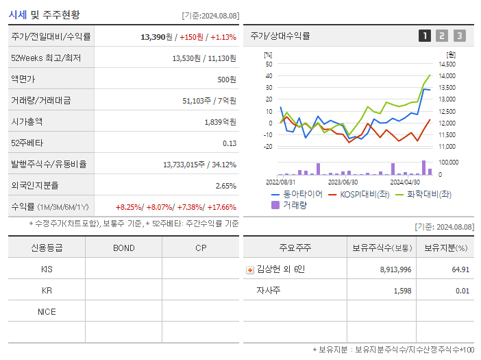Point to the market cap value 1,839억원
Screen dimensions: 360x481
tap(220, 122)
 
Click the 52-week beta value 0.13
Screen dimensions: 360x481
tap(230, 143)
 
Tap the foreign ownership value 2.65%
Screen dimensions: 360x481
tap(225, 186)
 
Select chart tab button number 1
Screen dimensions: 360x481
tap(425, 36)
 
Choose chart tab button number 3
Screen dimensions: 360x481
tap(459, 36)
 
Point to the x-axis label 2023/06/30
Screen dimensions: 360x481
tap(343, 182)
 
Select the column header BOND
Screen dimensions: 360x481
tap(123, 248)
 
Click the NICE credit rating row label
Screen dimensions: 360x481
tap(47, 312)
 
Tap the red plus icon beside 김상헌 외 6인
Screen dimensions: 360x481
tap(249, 270)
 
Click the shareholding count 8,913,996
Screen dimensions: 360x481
tap(395, 270)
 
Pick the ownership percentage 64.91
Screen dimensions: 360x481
tap(460, 270)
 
